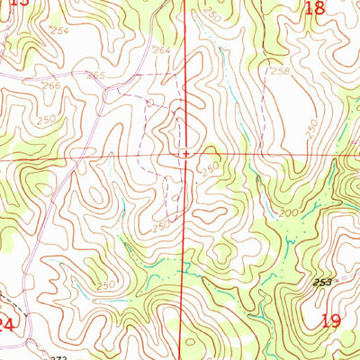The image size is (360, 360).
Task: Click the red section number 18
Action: click(314, 8)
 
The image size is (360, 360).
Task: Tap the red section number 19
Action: click(330, 320)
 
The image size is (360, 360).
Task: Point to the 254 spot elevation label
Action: click(58, 31)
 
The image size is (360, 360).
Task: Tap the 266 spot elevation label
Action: click(51, 86)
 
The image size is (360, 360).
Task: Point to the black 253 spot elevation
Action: click(323, 283)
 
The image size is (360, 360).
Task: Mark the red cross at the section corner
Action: click(186, 154)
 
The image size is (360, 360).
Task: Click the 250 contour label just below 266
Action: click(46, 119)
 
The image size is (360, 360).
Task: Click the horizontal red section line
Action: click(90, 156)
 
